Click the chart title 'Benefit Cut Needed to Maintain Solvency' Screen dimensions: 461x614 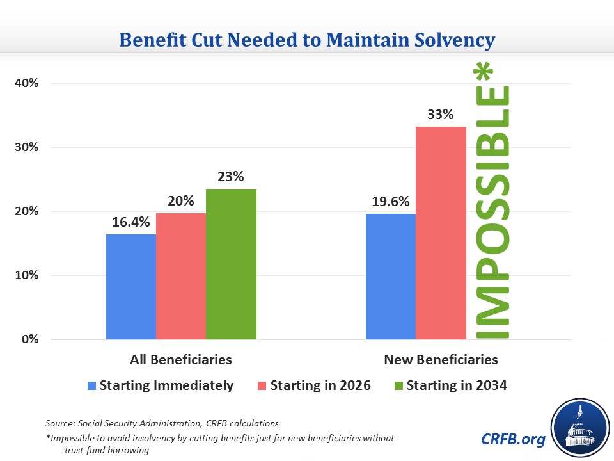coord(307,40)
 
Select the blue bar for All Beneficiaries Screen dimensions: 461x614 coord(131,287)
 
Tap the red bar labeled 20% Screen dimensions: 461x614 coord(181,276)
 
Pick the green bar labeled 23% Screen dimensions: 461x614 coord(231,264)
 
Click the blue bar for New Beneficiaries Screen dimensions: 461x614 coord(391,277)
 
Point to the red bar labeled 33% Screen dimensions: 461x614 coord(441,233)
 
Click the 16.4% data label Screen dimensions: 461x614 coord(132,223)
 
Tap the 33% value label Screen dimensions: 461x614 coord(441,115)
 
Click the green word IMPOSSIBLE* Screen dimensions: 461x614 coord(494,212)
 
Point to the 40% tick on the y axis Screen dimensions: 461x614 coord(26,83)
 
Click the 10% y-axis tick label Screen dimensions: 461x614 coord(26,275)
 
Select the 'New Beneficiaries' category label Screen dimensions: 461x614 coord(441,359)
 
